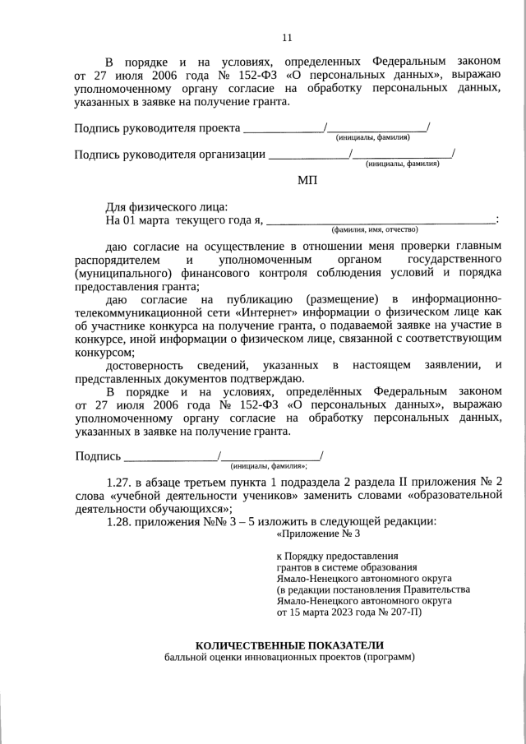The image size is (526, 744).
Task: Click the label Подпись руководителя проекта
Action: (x=157, y=128)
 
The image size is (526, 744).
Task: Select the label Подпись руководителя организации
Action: (x=169, y=154)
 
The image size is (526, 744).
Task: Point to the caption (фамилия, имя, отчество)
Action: (x=375, y=229)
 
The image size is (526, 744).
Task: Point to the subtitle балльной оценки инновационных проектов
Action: (x=288, y=659)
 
